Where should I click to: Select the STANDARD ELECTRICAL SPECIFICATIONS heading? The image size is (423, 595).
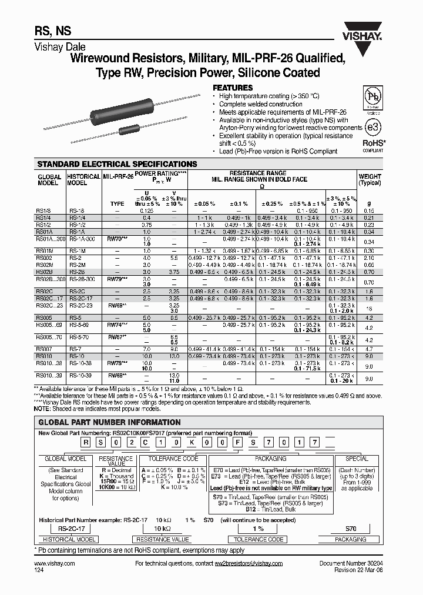click(x=117, y=164)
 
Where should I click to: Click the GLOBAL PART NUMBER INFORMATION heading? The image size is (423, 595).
click(x=109, y=422)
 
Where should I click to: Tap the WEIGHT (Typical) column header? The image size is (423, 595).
click(x=370, y=179)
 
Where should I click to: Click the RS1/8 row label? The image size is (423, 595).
click(x=45, y=210)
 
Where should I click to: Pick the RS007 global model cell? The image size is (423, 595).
click(x=45, y=349)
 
